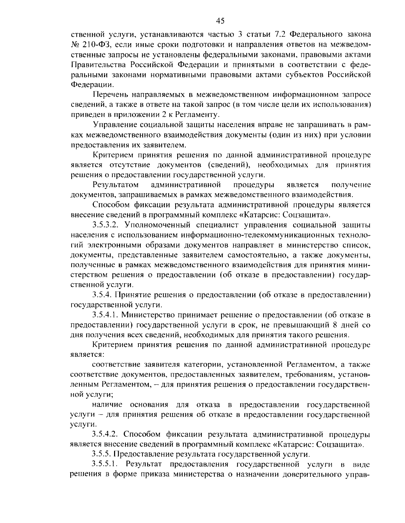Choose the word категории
coord(204,365)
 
